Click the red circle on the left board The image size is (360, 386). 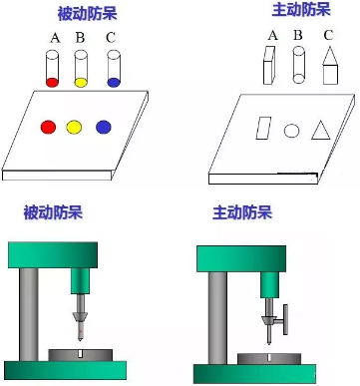pyautogui.click(x=48, y=127)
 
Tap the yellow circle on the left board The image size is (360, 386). pyautogui.click(x=74, y=127)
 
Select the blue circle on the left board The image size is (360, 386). pyautogui.click(x=104, y=127)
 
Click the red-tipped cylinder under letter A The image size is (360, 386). pyautogui.click(x=53, y=68)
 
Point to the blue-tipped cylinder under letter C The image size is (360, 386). pyautogui.click(x=114, y=68)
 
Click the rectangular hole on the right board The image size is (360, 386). pyautogui.click(x=263, y=128)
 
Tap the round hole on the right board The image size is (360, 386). pyautogui.click(x=291, y=130)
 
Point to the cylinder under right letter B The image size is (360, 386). pyautogui.click(x=298, y=66)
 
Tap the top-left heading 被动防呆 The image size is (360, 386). pyautogui.click(x=87, y=15)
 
